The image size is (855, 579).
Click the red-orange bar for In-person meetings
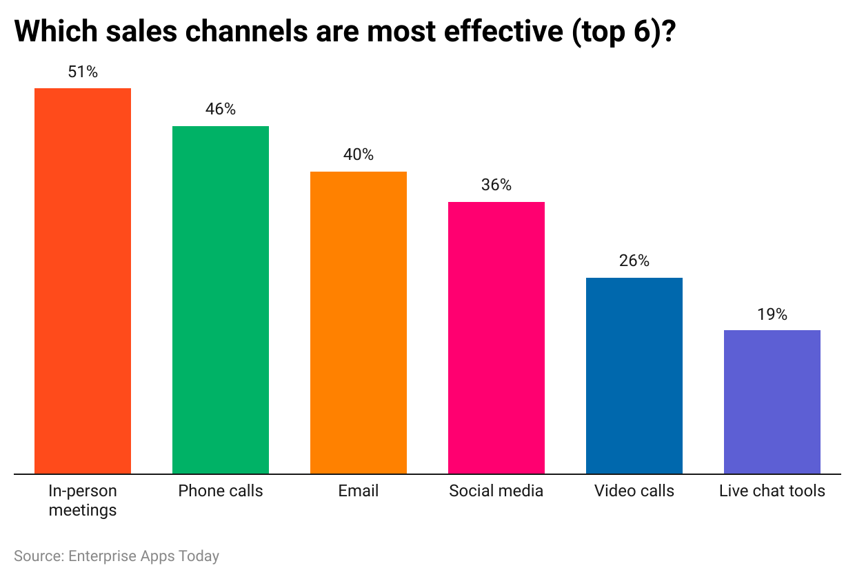pyautogui.click(x=83, y=281)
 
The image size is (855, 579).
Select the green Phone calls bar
pyautogui.click(x=221, y=300)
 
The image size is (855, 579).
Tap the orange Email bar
pyautogui.click(x=359, y=323)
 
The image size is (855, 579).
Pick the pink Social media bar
pyautogui.click(x=496, y=338)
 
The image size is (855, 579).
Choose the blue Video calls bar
pyautogui.click(x=634, y=376)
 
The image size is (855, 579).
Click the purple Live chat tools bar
pyautogui.click(x=772, y=402)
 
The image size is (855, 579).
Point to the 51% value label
pyautogui.click(x=83, y=72)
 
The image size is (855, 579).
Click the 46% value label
pyautogui.click(x=221, y=109)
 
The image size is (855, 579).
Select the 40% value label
pyautogui.click(x=359, y=154)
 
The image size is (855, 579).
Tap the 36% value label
pyautogui.click(x=496, y=185)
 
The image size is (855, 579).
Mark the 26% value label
pyautogui.click(x=634, y=261)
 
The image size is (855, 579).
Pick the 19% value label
pyautogui.click(x=772, y=314)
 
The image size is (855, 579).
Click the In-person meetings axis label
pyautogui.click(x=83, y=500)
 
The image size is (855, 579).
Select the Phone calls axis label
pyautogui.click(x=221, y=491)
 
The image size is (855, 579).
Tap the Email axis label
pyautogui.click(x=359, y=491)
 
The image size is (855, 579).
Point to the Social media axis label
pyautogui.click(x=496, y=491)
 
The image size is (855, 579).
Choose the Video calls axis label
pyautogui.click(x=634, y=491)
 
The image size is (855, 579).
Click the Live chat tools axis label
pyautogui.click(x=772, y=491)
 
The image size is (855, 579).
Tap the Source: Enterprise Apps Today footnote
pyautogui.click(x=117, y=556)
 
